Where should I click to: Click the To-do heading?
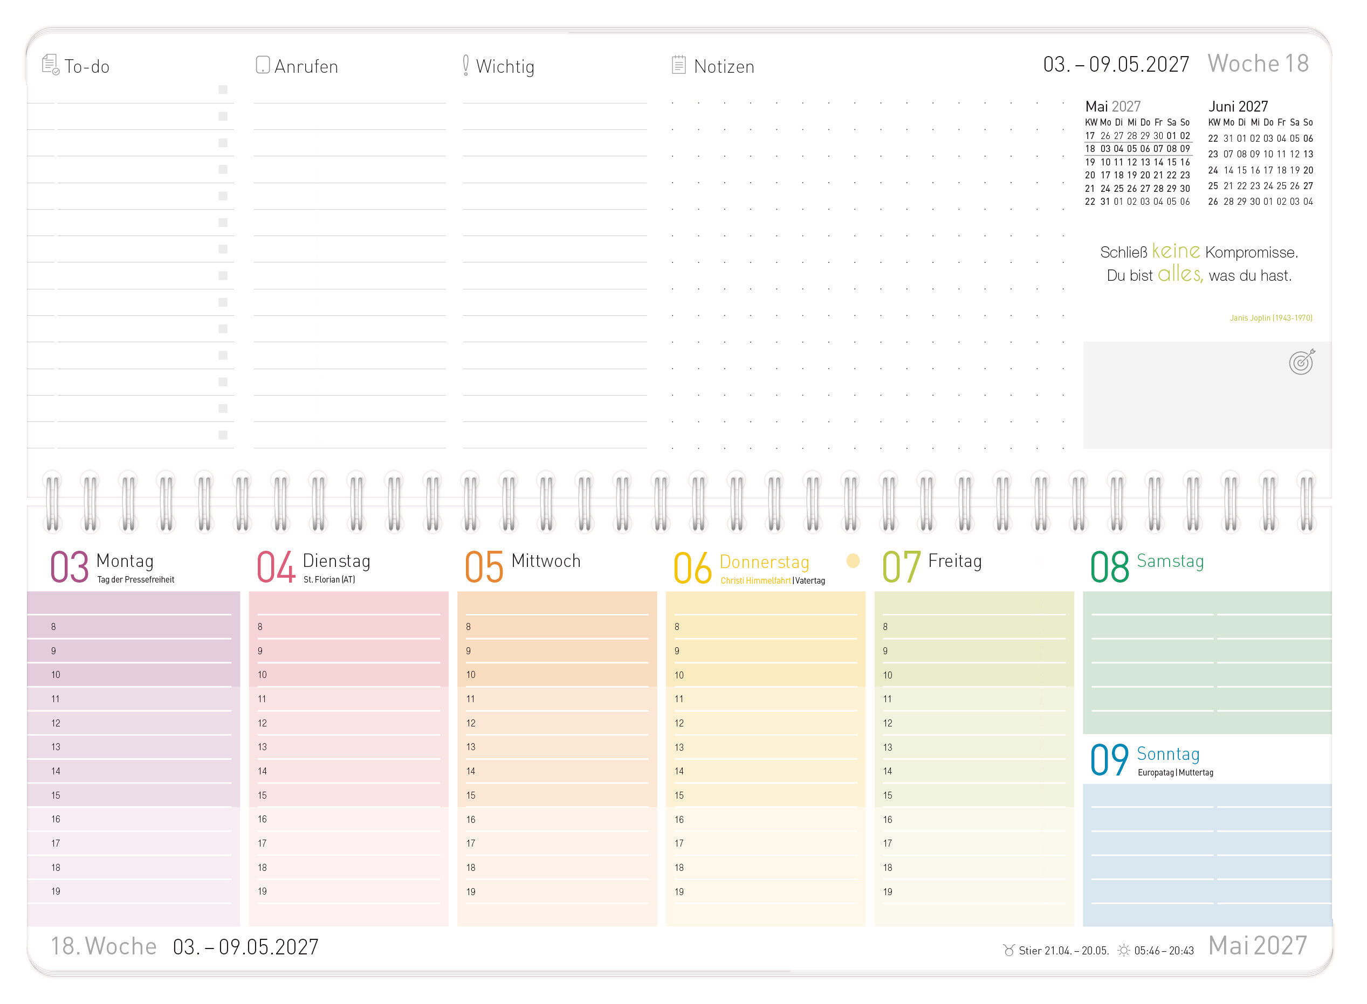pyautogui.click(x=87, y=66)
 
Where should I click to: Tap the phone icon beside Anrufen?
pyautogui.click(x=262, y=65)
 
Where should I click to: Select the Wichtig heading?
pyautogui.click(x=505, y=66)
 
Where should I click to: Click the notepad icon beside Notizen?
pyautogui.click(x=678, y=65)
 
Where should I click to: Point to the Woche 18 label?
pyautogui.click(x=1258, y=63)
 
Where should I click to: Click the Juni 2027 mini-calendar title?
pyautogui.click(x=1238, y=106)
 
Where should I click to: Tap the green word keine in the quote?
pyautogui.click(x=1176, y=251)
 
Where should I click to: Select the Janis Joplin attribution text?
pyautogui.click(x=1270, y=318)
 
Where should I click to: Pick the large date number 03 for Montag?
pyautogui.click(x=70, y=567)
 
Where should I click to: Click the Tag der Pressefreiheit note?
pyautogui.click(x=135, y=580)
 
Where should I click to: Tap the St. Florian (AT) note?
pyautogui.click(x=329, y=580)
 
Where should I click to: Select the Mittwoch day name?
pyautogui.click(x=546, y=561)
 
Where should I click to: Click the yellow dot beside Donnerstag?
pyautogui.click(x=853, y=561)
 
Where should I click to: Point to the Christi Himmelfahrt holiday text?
pyautogui.click(x=755, y=580)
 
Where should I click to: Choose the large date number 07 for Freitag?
pyautogui.click(x=901, y=567)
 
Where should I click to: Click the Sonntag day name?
pyautogui.click(x=1167, y=753)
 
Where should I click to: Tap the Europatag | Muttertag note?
pyautogui.click(x=1175, y=772)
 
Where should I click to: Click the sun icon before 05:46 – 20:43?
pyautogui.click(x=1123, y=950)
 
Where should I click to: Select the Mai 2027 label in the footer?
pyautogui.click(x=1258, y=946)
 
